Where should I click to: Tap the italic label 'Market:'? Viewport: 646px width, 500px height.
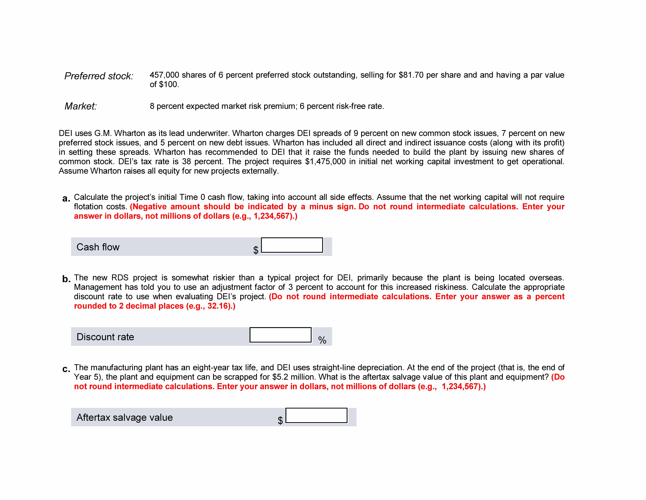80,106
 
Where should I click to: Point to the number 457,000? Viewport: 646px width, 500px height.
164,75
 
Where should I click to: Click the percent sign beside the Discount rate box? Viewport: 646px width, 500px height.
322,340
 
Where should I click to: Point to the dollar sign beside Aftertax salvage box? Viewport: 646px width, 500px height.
280,420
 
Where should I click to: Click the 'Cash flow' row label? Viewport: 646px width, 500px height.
98,247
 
